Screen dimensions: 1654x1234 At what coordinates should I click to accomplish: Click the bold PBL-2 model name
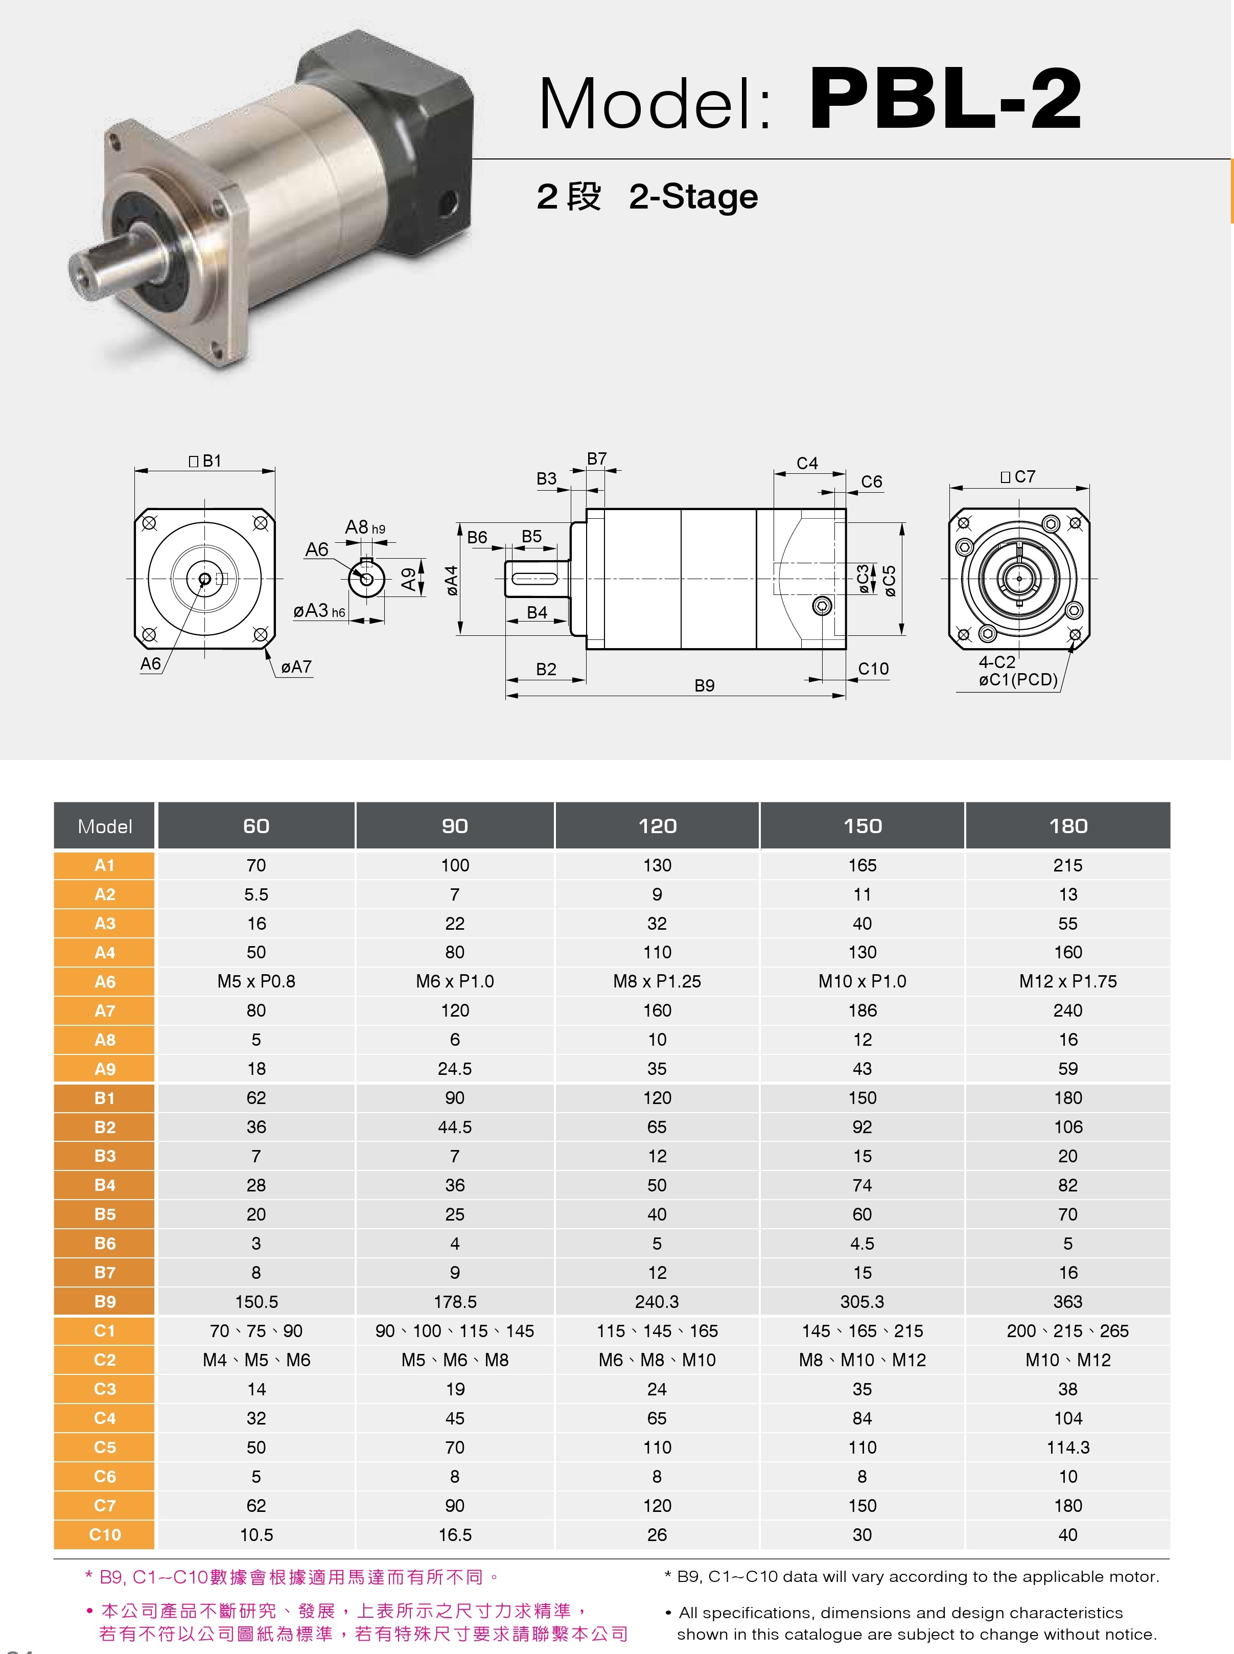945,99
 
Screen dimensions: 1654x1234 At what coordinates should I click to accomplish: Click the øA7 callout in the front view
296,667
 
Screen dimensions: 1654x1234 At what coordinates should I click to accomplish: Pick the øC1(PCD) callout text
1018,680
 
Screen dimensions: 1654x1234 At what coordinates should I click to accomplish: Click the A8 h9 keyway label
364,527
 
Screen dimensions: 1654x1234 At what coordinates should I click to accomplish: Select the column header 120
657,826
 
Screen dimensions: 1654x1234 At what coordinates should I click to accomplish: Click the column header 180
1067,826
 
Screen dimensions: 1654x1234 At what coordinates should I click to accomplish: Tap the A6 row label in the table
105,982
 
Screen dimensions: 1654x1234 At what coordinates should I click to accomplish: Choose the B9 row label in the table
105,1301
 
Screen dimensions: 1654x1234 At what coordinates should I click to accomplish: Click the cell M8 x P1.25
657,982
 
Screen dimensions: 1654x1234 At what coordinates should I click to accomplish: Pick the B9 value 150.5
256,1301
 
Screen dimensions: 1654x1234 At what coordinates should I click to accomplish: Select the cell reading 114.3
1067,1447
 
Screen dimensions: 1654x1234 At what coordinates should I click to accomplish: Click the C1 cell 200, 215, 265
1067,1330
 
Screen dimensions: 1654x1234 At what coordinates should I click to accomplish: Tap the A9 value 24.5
454,1069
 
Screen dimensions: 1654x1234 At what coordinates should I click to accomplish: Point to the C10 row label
105,1534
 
